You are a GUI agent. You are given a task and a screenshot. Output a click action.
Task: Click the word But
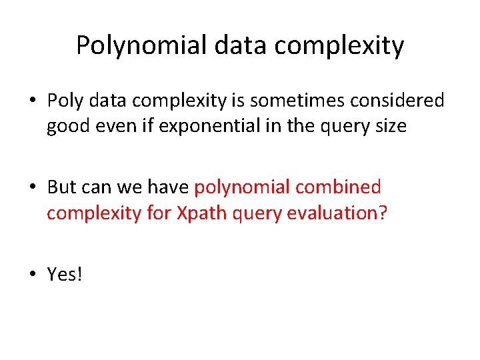coord(62,187)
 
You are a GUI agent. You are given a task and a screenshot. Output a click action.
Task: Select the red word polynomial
coord(242,187)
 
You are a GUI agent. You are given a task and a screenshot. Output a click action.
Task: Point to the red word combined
coord(339,187)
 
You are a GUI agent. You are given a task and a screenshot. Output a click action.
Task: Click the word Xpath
coord(195,213)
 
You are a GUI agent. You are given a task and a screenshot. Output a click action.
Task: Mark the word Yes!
coord(65,273)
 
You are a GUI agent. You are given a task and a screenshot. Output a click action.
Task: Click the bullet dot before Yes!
coord(33,273)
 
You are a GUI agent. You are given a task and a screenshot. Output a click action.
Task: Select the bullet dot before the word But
coord(33,187)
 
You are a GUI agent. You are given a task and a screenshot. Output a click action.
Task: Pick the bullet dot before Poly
coord(33,101)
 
